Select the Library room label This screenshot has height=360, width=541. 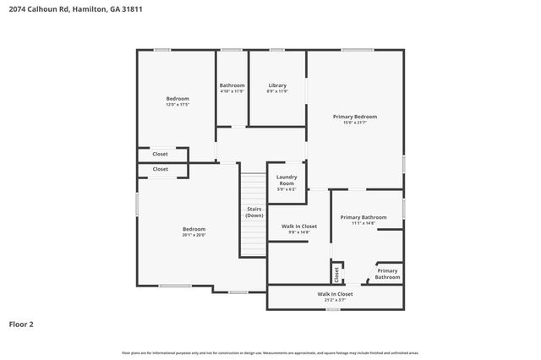pos(277,85)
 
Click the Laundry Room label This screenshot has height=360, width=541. pos(287,180)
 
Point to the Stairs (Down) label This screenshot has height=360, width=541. pos(254,212)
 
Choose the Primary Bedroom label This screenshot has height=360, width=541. pos(354,117)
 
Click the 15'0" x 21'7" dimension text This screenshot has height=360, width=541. pos(354,123)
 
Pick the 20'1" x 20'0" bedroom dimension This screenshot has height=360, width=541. pos(194,235)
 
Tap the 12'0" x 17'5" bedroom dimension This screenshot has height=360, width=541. pos(178,105)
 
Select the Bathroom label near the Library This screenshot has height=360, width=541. pos(232,85)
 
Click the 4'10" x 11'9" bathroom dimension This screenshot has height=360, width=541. pos(232,91)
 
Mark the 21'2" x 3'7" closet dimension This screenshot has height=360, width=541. pos(336,299)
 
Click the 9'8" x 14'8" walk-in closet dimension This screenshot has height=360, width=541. pos(298,232)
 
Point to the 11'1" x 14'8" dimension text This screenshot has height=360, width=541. pos(363,224)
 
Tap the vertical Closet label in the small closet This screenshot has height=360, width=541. pos(336,274)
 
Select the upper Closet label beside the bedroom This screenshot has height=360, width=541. pos(160,154)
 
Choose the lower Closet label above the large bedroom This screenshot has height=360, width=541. pos(160,169)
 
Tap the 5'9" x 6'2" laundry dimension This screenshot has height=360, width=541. pos(287,189)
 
